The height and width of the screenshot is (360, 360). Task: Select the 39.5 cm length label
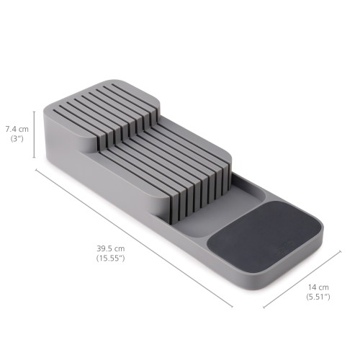pos(111,249)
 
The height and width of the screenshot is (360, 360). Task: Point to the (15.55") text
pos(111,258)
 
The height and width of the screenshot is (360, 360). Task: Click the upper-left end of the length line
pos(37,169)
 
